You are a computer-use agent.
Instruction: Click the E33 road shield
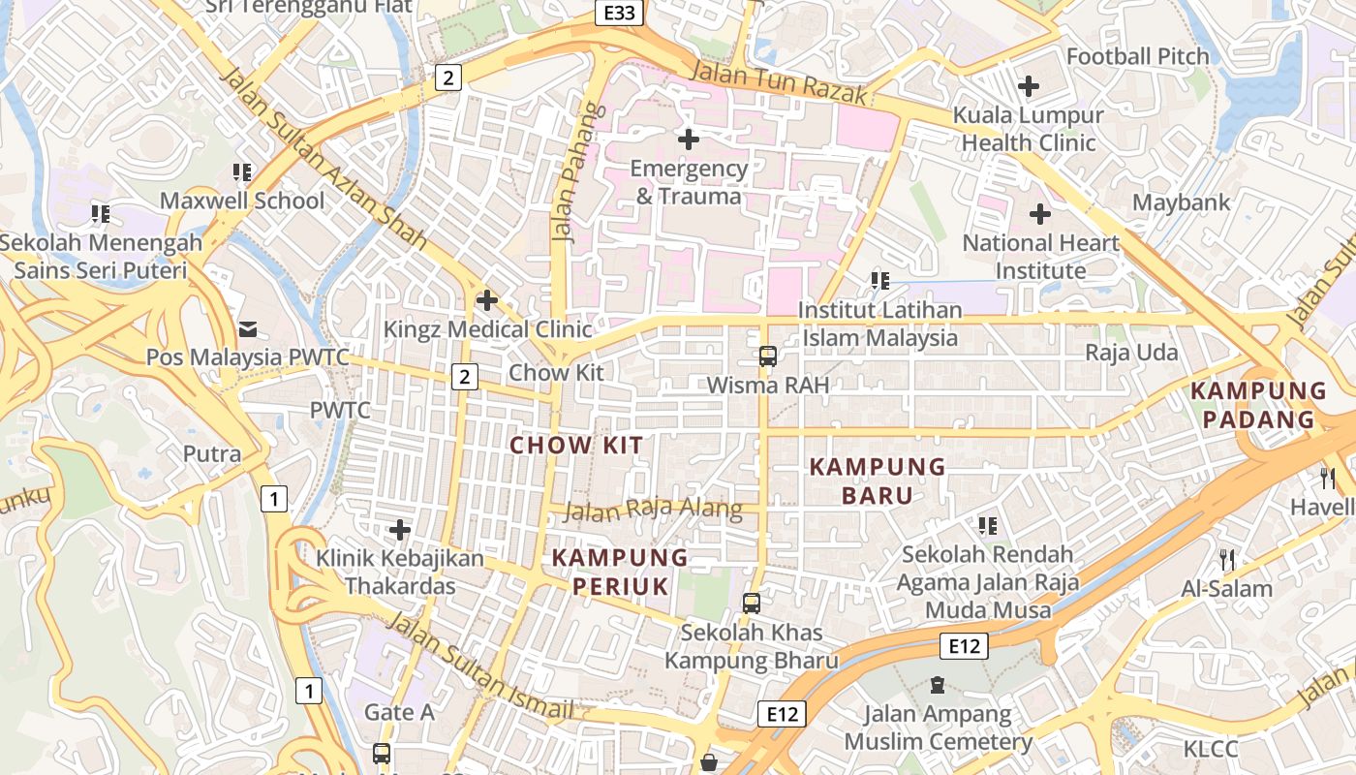(619, 13)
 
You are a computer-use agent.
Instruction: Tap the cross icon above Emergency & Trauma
(689, 139)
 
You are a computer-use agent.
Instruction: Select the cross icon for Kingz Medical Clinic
(487, 300)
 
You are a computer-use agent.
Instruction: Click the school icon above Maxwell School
(242, 172)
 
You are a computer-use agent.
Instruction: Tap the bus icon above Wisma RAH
(768, 356)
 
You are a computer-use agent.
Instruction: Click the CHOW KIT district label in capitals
(576, 446)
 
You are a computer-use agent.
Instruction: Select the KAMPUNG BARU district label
(878, 481)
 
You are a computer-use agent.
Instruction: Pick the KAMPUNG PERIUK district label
(620, 572)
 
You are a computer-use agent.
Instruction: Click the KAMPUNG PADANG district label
(1258, 405)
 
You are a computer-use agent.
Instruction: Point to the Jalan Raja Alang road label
(653, 510)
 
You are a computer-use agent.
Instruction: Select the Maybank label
(1182, 202)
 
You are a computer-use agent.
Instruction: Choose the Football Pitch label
(1138, 56)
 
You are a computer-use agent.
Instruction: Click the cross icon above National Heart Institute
(1040, 213)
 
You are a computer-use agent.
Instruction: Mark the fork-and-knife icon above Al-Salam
(1226, 559)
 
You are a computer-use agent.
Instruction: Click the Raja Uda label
(1131, 352)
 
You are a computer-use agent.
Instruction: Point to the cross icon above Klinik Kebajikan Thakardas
(399, 530)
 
